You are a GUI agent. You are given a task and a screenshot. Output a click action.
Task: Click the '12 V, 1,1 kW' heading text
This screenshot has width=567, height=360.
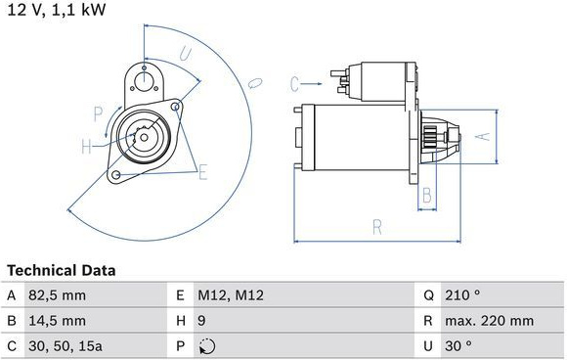(57, 10)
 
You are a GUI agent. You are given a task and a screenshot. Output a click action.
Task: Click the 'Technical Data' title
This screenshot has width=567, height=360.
(62, 270)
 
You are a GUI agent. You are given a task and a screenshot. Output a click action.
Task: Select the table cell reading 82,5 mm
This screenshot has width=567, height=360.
(57, 295)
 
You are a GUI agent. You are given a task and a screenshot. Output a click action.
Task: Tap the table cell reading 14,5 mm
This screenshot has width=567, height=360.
(57, 321)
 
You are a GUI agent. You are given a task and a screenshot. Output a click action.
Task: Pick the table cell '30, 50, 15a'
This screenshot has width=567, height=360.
(65, 346)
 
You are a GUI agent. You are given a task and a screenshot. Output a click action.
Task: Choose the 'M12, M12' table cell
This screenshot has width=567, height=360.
(231, 295)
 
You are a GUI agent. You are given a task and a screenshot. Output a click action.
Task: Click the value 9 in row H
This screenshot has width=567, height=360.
(201, 321)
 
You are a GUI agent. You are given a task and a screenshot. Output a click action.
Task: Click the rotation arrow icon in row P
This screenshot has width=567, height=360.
(207, 346)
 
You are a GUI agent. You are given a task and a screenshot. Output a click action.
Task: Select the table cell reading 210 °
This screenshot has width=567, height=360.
(462, 295)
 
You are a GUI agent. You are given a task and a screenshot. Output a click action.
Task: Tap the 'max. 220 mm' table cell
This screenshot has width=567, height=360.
(489, 321)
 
